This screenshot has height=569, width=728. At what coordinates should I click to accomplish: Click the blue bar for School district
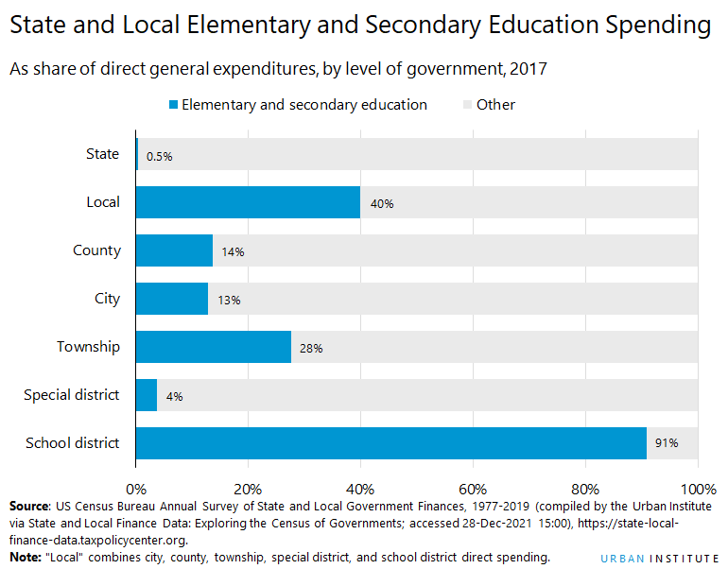391,443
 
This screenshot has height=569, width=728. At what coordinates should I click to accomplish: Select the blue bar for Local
248,202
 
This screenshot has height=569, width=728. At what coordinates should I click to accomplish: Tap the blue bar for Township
214,347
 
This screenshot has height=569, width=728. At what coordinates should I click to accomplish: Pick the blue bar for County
175,250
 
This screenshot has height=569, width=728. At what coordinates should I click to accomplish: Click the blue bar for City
172,299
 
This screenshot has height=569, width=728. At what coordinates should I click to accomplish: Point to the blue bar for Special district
147,395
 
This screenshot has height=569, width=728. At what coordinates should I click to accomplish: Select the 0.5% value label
159,156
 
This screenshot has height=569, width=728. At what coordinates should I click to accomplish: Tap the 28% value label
311,348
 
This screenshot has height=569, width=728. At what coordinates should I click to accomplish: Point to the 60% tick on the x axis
473,490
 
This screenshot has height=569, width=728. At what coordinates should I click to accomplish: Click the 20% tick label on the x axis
248,490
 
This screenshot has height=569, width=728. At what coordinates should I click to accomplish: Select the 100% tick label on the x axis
698,490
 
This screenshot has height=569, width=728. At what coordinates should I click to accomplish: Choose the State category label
102,154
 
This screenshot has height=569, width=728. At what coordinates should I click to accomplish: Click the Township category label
88,347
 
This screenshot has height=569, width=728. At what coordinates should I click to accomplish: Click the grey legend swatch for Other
467,105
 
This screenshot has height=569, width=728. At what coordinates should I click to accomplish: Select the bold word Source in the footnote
29,507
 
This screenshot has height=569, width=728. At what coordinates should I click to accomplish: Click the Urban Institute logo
658,558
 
